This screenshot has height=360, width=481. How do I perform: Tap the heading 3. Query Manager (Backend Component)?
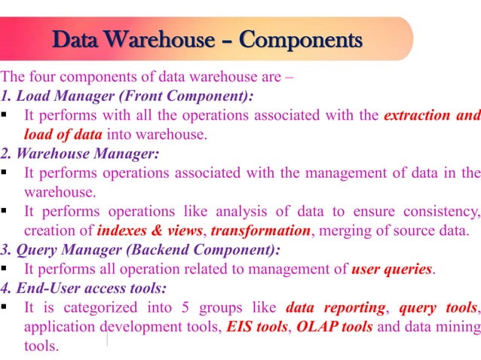[x=140, y=249]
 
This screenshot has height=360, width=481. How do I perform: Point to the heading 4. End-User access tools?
[x=84, y=288]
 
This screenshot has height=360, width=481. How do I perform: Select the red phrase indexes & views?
[x=149, y=230]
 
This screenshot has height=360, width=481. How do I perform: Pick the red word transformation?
[x=260, y=230]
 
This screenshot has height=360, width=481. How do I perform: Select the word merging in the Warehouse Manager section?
[x=343, y=230]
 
